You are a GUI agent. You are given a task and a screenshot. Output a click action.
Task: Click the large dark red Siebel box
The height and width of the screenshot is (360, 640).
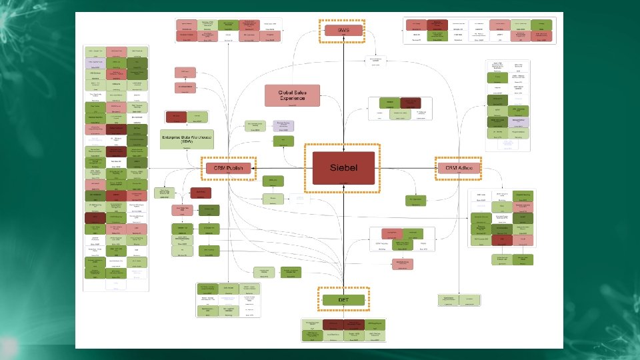[x=342, y=168]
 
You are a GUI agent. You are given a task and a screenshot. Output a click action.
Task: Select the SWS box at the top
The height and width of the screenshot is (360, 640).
[x=343, y=30]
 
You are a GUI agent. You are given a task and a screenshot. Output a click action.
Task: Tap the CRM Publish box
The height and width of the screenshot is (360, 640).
[x=229, y=169]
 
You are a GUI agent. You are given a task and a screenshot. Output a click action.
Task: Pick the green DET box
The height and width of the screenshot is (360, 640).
[x=343, y=299]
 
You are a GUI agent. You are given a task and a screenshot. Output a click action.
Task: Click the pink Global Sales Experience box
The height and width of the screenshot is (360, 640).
[x=292, y=95]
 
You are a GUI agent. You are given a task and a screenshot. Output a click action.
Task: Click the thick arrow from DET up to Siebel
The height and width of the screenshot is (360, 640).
[x=343, y=240]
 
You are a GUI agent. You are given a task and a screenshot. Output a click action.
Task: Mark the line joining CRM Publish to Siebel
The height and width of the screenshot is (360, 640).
[x=280, y=169]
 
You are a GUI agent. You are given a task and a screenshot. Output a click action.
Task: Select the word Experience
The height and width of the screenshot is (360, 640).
[x=292, y=98]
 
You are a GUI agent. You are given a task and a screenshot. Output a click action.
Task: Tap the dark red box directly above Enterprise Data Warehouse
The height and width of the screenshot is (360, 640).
[x=176, y=117]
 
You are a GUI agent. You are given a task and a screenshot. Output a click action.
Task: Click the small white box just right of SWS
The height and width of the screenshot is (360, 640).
[x=379, y=61]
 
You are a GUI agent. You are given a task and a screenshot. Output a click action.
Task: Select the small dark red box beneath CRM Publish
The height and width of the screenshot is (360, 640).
[x=201, y=193]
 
